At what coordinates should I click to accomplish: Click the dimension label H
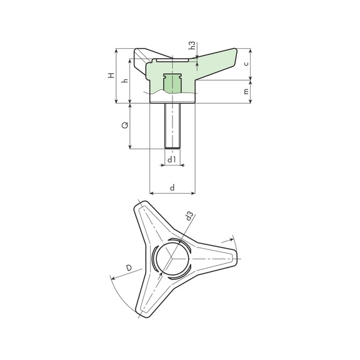[111, 75]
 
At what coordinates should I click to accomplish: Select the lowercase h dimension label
[125, 81]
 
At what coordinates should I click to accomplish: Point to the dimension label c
[247, 63]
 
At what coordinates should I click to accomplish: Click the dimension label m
[246, 91]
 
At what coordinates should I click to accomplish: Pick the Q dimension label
[124, 126]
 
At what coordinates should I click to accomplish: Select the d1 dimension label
[172, 160]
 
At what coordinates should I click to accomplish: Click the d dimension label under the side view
[172, 187]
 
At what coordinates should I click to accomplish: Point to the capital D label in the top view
[128, 268]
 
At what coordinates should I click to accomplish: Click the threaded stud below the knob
[172, 125]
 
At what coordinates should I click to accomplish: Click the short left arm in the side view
[140, 54]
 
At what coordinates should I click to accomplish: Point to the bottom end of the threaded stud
[172, 147]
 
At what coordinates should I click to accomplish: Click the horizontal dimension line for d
[172, 193]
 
